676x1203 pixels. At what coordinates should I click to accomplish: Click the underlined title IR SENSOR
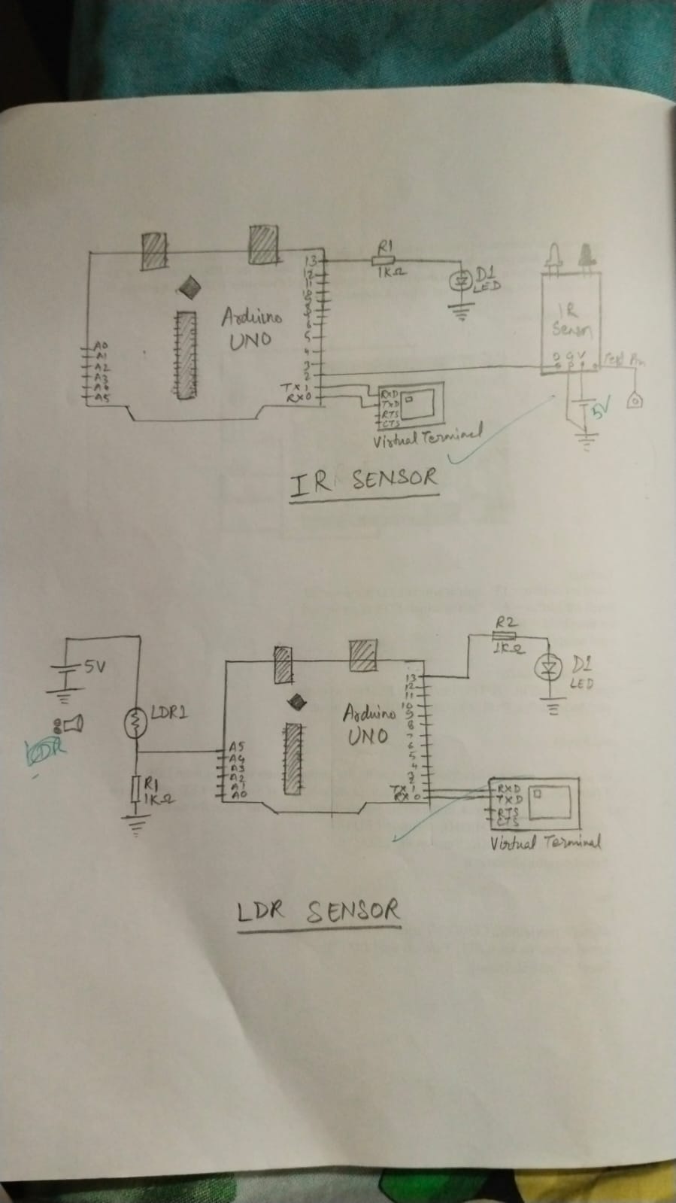click(x=363, y=480)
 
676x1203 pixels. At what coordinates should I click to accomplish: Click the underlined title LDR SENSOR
click(x=318, y=911)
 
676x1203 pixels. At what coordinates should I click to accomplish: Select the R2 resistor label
click(x=506, y=623)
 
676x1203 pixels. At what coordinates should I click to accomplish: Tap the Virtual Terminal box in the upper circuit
click(x=411, y=405)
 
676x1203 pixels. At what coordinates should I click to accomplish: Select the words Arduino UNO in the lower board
click(x=368, y=723)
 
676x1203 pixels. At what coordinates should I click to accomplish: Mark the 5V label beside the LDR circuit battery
click(x=95, y=666)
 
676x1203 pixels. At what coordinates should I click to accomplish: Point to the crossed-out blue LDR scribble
click(x=47, y=749)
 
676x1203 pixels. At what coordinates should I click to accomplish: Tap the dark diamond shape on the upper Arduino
click(x=188, y=286)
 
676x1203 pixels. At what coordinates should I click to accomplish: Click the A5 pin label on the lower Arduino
click(x=236, y=747)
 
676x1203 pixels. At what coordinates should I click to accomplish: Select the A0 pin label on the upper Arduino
click(x=101, y=345)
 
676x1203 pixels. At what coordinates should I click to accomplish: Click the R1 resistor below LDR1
click(x=135, y=789)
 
